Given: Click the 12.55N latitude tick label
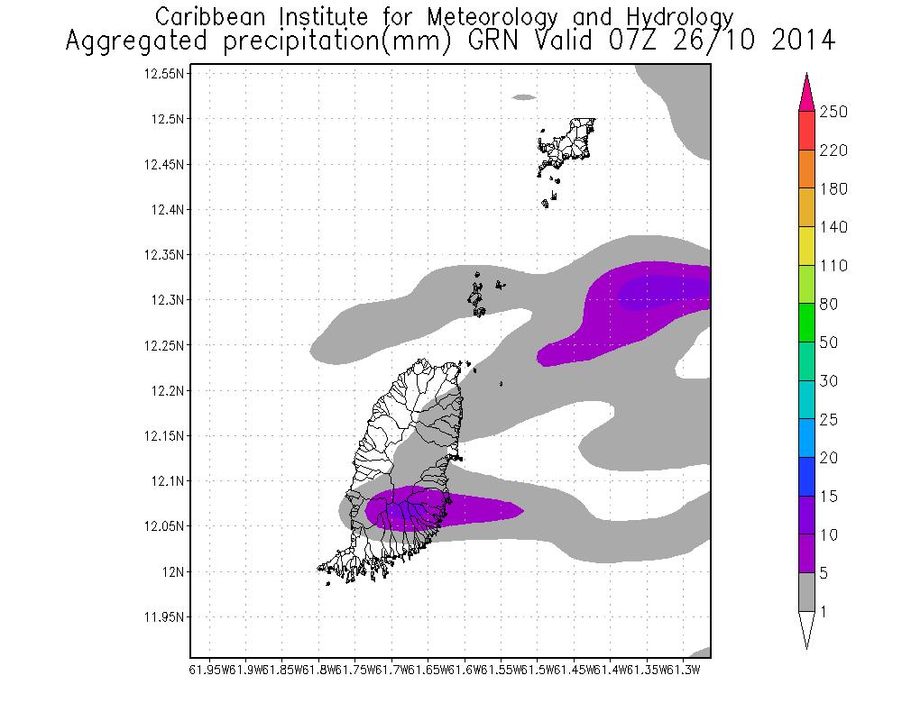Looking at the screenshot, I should (164, 74).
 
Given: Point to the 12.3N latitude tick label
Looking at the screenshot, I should (168, 300).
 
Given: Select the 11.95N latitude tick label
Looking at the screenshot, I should (164, 617).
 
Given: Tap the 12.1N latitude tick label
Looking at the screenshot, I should (168, 481).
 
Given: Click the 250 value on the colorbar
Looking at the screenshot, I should (835, 112).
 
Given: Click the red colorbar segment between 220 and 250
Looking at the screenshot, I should (805, 131).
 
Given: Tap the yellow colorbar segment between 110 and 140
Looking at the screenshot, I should (805, 246).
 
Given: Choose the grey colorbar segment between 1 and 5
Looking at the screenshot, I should (805, 592).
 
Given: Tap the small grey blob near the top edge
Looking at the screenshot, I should (524, 96).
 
